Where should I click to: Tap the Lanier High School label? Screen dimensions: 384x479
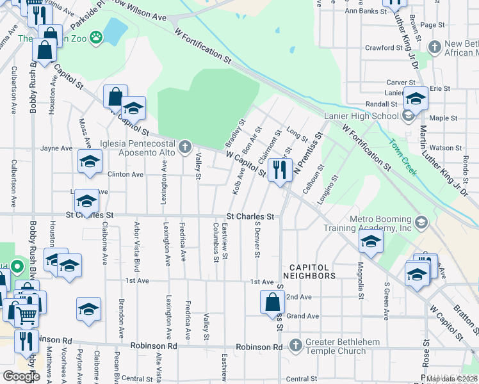[x=361, y=116]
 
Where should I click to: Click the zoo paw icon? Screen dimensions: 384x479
[x=96, y=37]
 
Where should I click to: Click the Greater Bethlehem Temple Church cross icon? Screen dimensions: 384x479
[x=295, y=346]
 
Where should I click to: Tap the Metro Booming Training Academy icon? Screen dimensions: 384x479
[x=421, y=223]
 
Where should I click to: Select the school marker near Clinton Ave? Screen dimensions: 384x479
[x=90, y=161]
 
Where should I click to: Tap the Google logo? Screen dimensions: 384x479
[x=22, y=376]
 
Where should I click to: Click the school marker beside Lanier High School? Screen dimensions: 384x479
[x=416, y=99]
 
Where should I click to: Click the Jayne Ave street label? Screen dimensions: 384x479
[x=56, y=148]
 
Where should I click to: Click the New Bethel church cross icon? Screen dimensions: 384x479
[x=435, y=47]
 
